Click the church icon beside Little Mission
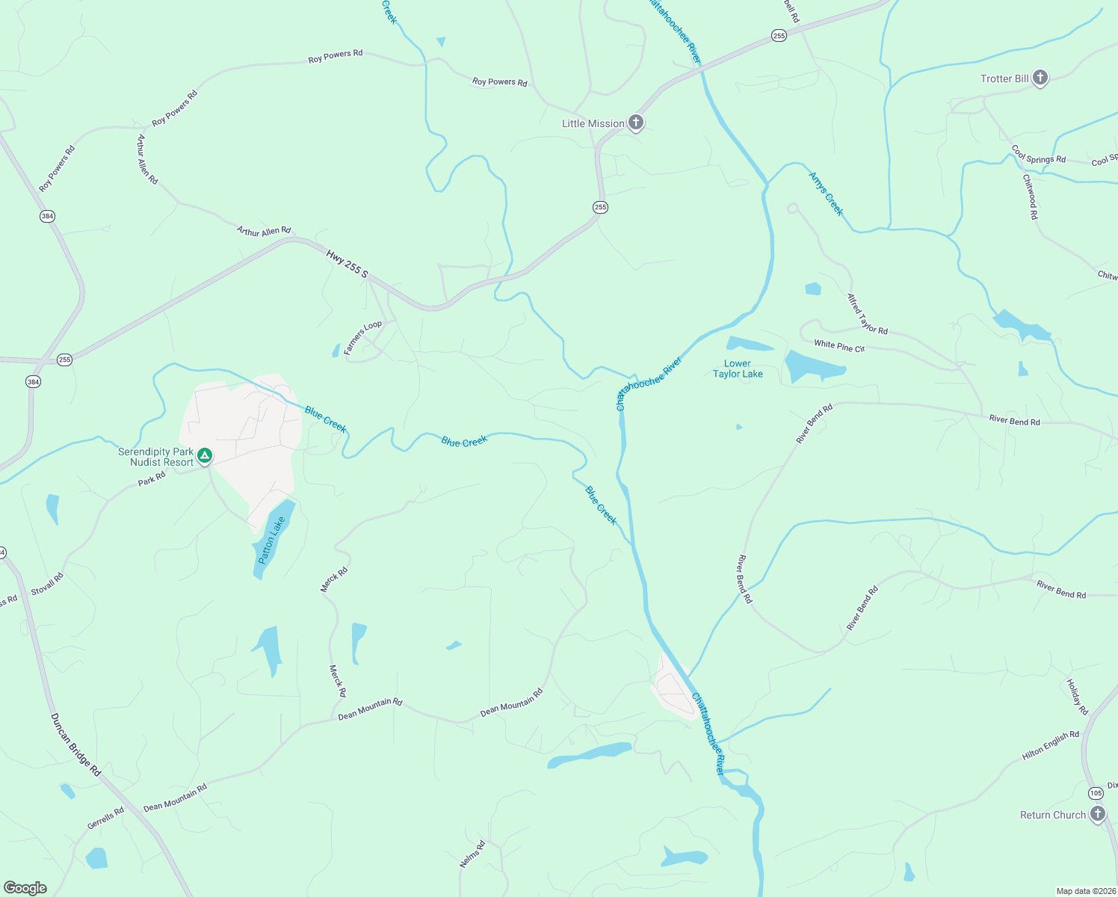(x=635, y=123)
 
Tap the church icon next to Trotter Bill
(x=1040, y=78)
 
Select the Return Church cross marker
(x=1097, y=814)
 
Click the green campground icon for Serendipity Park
(x=205, y=455)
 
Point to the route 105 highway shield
(x=1096, y=793)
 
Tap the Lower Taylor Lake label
(x=738, y=369)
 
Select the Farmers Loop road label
(x=362, y=337)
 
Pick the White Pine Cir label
(x=839, y=345)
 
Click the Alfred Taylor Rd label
(x=867, y=314)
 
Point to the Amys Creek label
(x=826, y=194)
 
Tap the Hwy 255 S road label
(x=348, y=265)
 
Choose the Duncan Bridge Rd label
(x=75, y=745)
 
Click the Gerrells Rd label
(x=105, y=818)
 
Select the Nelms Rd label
(x=472, y=854)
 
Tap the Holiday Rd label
(x=1077, y=697)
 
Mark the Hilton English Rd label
(x=1050, y=745)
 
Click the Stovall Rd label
(x=47, y=584)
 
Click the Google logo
(x=25, y=888)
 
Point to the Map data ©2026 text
(x=1085, y=891)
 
